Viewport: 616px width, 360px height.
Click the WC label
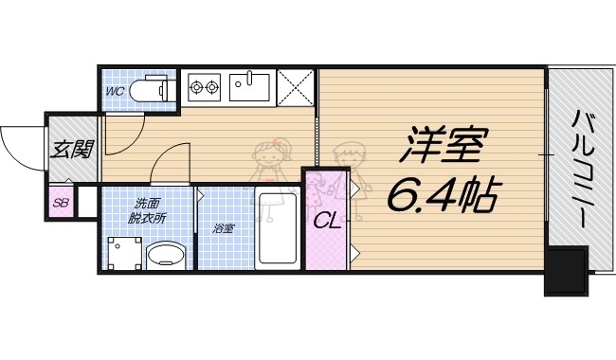116,91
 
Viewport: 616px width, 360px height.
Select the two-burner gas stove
205,89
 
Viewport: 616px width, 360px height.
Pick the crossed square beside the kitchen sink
296,88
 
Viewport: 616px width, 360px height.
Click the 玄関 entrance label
71,149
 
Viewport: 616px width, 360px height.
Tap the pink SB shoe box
60,202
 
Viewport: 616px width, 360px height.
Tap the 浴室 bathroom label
224,229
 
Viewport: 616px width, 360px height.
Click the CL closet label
326,222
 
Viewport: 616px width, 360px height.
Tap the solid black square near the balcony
566,270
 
